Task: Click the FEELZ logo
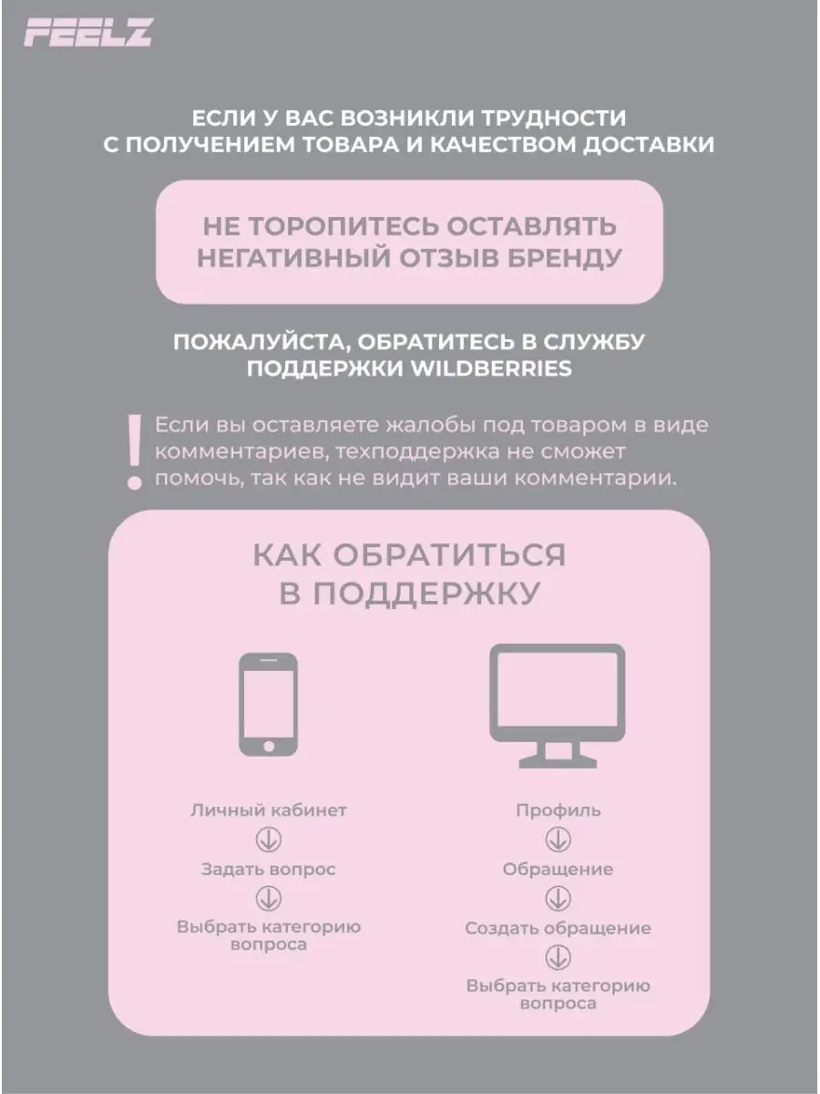point(87,34)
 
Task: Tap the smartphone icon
point(268,705)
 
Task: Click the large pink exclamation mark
point(135,451)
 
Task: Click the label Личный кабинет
point(269,810)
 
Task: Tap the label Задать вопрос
point(269,869)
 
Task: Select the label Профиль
point(558,810)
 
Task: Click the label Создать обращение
point(558,928)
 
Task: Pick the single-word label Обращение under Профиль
point(558,869)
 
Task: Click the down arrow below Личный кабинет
point(269,839)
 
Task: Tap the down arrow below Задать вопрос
point(269,898)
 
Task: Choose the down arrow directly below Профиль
point(558,839)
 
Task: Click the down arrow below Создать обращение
point(558,957)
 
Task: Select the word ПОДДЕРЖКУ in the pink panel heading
point(423,593)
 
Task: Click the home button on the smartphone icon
point(268,747)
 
